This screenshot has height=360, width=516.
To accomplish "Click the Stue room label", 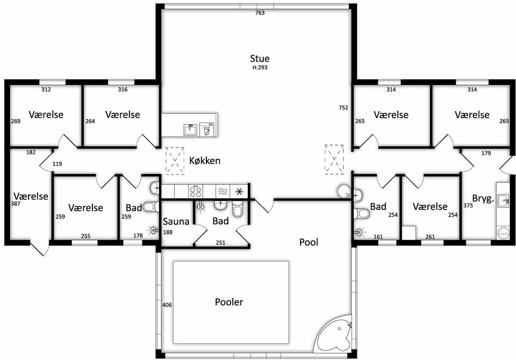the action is [260, 59].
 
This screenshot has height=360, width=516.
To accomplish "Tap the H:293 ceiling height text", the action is [260, 68].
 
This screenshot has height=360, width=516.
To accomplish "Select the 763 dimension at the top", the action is [260, 13].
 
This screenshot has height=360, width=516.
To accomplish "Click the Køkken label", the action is [205, 161].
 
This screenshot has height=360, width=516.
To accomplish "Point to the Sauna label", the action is [176, 221].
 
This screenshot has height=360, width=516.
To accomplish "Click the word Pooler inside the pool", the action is [229, 302].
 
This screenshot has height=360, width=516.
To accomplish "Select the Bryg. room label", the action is [483, 199].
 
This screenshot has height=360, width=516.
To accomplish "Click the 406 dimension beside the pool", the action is [167, 305].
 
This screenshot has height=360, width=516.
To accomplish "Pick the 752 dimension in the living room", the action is [343, 107].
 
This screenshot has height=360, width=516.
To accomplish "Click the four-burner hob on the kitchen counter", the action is [196, 191].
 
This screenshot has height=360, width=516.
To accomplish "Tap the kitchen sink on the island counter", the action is [190, 129].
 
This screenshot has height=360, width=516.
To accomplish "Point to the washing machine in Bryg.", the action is [503, 233].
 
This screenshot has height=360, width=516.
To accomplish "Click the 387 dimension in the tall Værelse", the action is [16, 204].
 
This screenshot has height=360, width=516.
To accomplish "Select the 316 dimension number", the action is [123, 90].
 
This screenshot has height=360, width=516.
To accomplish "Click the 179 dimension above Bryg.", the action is [486, 153].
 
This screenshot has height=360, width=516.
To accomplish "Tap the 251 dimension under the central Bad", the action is [220, 243].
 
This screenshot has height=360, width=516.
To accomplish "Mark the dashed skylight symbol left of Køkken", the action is [175, 161].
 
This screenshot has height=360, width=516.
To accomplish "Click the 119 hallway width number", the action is [58, 164].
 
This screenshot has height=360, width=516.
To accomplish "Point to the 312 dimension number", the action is [46, 90].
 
